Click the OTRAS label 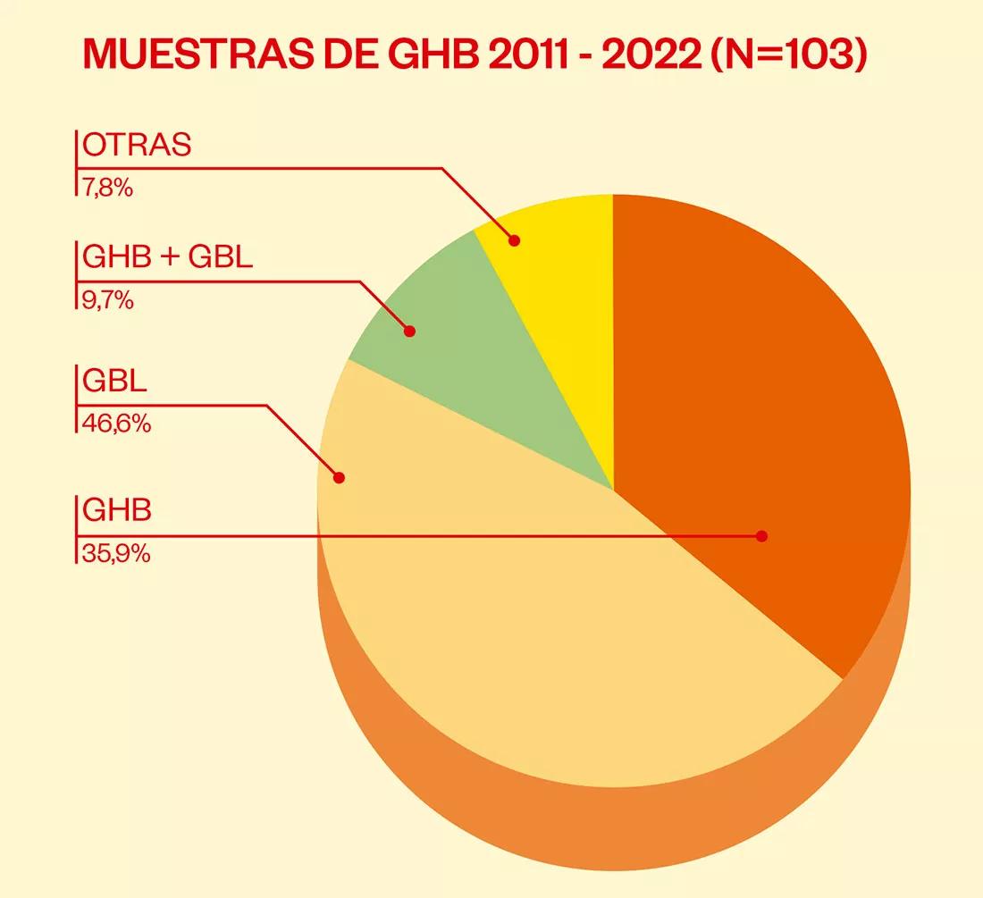click(x=137, y=146)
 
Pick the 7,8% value click(x=108, y=188)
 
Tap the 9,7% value click(x=108, y=300)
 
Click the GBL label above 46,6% click(x=114, y=382)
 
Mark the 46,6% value click(x=116, y=423)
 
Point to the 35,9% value click(x=116, y=554)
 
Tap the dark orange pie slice click(x=760, y=402)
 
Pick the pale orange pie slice click(x=536, y=643)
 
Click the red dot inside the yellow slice click(x=514, y=239)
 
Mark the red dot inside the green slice click(x=410, y=332)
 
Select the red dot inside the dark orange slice click(x=761, y=536)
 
